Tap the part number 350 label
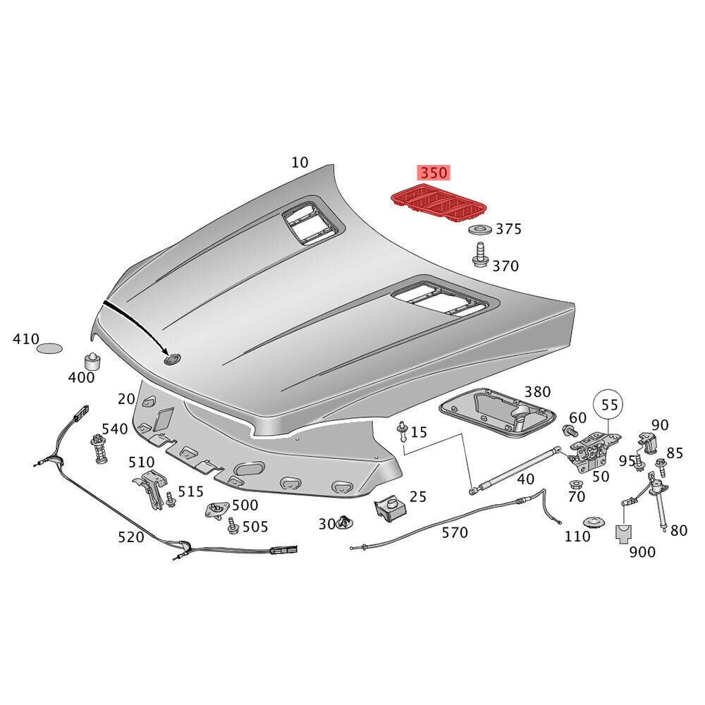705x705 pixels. (434, 173)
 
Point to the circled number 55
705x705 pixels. (610, 405)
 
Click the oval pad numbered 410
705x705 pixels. (49, 348)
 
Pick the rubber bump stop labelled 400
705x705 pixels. (91, 362)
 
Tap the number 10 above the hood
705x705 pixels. (300, 162)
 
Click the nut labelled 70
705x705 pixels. (575, 485)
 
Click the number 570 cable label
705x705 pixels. (454, 532)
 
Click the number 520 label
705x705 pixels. (131, 537)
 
